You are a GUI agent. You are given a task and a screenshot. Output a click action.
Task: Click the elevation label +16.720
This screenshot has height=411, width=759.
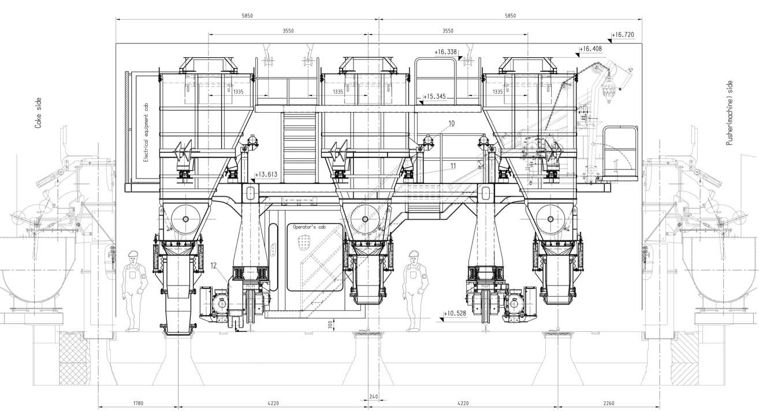tap(623, 35)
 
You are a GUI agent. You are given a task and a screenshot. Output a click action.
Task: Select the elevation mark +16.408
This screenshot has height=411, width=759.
tap(590, 49)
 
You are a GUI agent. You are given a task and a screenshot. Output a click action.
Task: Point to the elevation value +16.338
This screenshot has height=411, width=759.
tap(445, 52)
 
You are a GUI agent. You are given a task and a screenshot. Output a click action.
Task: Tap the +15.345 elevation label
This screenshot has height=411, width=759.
tap(435, 97)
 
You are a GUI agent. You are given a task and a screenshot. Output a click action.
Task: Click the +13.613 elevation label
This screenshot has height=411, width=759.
tap(266, 175)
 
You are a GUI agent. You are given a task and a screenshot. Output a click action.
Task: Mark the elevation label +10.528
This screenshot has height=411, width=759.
tap(455, 313)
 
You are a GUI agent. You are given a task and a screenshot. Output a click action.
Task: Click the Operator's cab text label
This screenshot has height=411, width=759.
tap(310, 227)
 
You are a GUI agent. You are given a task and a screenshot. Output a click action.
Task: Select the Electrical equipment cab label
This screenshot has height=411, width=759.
tap(146, 132)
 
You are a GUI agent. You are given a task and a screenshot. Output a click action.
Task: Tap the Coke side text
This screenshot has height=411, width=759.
tap(38, 113)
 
